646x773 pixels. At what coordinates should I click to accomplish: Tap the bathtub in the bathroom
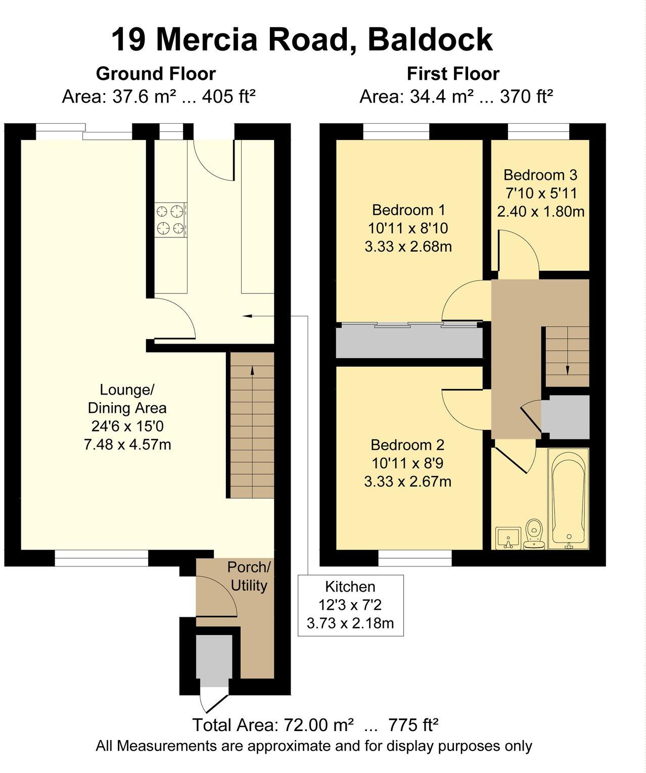[x=569, y=498]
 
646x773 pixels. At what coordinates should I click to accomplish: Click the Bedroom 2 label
[x=407, y=445]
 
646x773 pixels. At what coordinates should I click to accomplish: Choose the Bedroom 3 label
[x=540, y=175]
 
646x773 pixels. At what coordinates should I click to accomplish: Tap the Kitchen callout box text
[x=350, y=605]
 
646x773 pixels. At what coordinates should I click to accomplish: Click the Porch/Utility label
[x=249, y=576]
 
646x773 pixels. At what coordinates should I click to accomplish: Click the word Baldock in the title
[x=430, y=40]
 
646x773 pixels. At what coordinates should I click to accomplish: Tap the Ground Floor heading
[x=156, y=74]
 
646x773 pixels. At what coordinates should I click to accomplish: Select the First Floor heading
[x=453, y=74]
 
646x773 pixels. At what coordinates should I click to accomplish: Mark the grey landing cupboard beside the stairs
[x=565, y=417]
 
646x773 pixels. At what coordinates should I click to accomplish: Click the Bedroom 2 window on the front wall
[x=415, y=558]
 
